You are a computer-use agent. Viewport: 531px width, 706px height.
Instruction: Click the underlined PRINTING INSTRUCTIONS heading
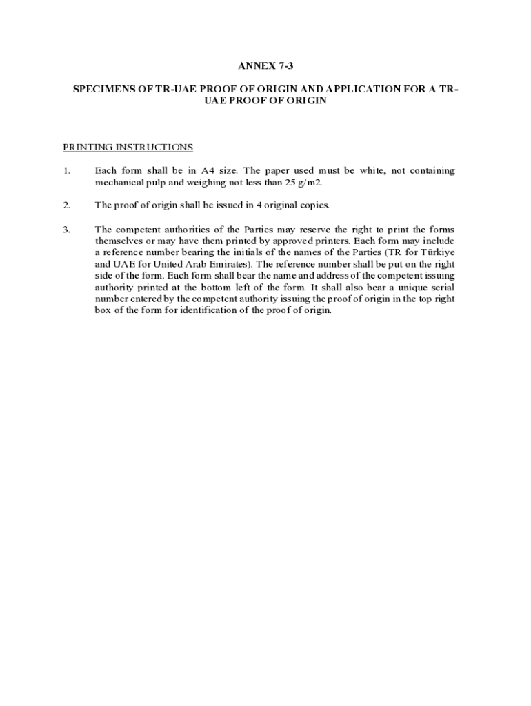pyautogui.click(x=128, y=148)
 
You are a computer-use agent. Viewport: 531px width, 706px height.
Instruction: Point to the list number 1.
pyautogui.click(x=66, y=171)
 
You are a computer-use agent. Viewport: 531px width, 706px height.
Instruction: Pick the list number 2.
pyautogui.click(x=66, y=205)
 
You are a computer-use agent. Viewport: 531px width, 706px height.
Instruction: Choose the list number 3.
pyautogui.click(x=66, y=230)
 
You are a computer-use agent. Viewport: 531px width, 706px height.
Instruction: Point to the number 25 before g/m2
pyautogui.click(x=290, y=183)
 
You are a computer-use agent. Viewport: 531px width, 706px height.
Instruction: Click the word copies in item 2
pyautogui.click(x=313, y=205)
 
